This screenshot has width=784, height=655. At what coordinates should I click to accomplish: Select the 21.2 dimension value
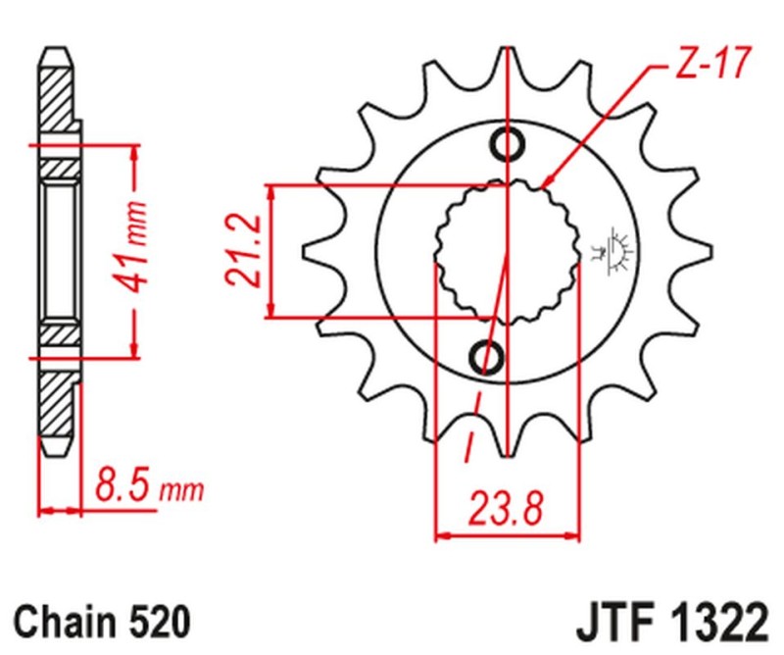[x=245, y=251]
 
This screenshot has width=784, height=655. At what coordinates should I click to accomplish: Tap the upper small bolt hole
[x=508, y=145]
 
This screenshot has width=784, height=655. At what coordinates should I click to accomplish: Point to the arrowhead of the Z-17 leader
[x=545, y=184]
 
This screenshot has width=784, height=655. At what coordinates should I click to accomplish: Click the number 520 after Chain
[x=156, y=622]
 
